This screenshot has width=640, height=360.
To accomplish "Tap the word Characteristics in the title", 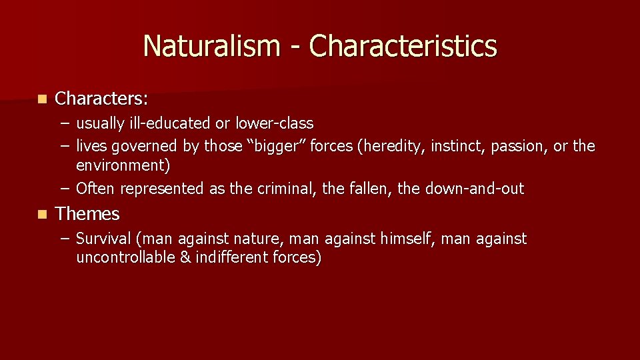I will click(403, 46).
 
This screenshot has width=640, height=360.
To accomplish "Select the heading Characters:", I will click(102, 99).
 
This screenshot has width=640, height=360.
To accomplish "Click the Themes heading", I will click(87, 214).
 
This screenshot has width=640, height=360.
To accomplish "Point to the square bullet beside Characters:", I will click(42, 99).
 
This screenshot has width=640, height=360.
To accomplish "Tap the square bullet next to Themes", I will click(42, 215).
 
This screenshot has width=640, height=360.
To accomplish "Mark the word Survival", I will click(102, 239).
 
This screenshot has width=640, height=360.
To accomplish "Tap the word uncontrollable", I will click(125, 257).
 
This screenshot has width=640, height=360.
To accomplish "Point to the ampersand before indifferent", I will click(185, 257).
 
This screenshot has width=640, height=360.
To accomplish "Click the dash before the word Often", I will click(63, 189).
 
